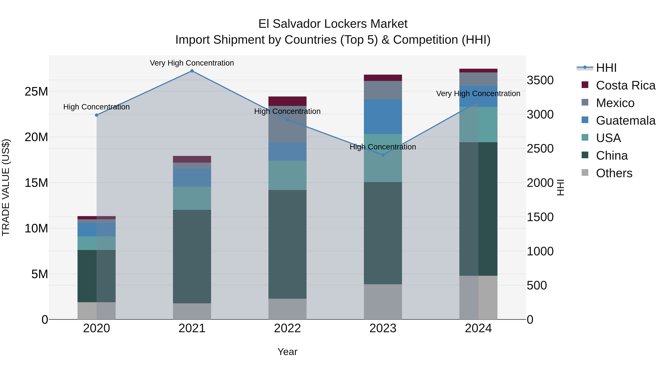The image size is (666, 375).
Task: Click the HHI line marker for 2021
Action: pos(192,71)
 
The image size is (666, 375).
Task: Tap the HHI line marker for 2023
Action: pos(383,155)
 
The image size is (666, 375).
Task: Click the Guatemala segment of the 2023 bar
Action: pos(383,117)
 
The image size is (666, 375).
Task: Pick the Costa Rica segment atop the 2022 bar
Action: pos(287,101)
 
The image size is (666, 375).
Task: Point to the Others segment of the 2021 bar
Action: pos(192,311)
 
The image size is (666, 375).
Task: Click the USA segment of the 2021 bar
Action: pos(192,198)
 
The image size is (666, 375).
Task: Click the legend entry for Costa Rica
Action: pos(625,85)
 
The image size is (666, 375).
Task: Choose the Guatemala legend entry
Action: pos(625,121)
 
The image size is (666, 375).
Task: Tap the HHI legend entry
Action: pos(606,68)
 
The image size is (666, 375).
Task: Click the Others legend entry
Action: pos(614,173)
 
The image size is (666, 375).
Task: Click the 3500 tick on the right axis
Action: pos(540,80)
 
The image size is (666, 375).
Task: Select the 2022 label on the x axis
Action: pos(287,328)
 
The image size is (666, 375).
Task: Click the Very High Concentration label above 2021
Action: pos(192,63)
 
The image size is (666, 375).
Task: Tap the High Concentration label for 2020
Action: pos(96,107)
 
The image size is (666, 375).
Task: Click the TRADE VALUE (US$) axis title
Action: pos(6,187)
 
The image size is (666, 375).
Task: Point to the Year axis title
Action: pos(287,352)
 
